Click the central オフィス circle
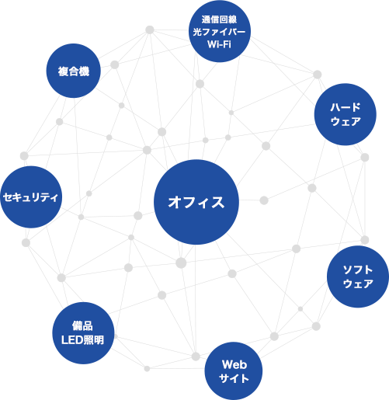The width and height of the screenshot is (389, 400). (196, 202)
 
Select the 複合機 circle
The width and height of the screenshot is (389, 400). (74, 71)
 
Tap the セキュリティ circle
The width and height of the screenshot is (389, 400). (31, 197)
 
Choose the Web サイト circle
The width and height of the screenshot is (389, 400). (234, 371)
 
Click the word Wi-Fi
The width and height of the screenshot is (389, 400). (219, 44)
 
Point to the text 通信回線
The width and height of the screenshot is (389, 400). (219, 19)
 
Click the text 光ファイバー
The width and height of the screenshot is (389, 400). (219, 32)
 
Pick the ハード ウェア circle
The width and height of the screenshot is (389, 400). (346, 114)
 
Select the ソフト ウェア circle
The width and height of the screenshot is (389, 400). (358, 277)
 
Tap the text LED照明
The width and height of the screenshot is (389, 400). (82, 340)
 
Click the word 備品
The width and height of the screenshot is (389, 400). (82, 326)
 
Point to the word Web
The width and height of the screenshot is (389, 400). (234, 364)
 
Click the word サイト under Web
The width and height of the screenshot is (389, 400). (234, 378)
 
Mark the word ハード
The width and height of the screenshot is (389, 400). (346, 107)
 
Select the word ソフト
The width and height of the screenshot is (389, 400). (358, 270)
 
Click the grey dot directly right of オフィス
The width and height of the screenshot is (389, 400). (264, 200)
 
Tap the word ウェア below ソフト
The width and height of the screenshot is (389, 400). (358, 283)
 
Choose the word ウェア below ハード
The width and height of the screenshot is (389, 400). (346, 121)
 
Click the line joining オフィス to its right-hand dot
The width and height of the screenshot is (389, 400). (249, 200)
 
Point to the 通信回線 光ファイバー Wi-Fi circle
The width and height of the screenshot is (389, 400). (220, 31)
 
